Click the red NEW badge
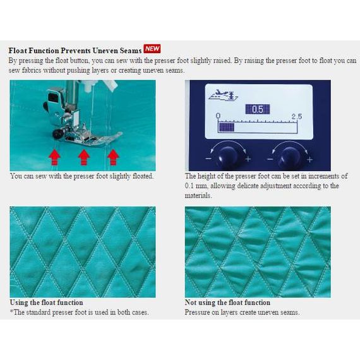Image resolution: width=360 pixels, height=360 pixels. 152,49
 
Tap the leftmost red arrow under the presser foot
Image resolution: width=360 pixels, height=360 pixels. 54,157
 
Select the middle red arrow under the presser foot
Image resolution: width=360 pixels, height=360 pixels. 84,157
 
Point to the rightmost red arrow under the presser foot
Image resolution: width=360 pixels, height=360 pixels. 113,157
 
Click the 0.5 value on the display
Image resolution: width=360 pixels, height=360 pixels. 258,109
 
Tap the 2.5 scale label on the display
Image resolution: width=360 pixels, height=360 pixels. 297,116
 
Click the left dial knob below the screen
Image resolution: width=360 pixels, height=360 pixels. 227,157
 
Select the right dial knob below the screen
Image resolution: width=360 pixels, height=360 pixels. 289,157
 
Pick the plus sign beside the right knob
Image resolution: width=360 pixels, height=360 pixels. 309,159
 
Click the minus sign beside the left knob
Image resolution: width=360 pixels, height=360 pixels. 208,159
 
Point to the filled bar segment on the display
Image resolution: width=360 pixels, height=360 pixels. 226,128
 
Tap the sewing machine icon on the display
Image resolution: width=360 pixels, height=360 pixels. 223,95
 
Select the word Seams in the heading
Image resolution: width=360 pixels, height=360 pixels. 131,51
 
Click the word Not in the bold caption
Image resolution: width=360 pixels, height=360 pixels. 191,303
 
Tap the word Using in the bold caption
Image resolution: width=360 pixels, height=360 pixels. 18,303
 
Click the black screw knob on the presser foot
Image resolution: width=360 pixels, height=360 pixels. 58,134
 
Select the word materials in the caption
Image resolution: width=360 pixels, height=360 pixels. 198,195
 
